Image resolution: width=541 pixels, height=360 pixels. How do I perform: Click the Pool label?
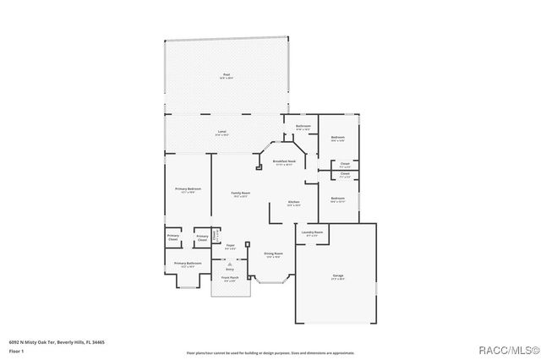coord(227,75)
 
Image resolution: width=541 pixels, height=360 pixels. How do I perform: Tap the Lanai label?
coord(221,133)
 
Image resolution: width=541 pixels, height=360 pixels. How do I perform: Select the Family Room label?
coord(241,194)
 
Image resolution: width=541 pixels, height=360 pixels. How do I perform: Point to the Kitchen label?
coord(294,203)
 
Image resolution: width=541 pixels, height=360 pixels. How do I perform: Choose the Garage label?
coord(337,275)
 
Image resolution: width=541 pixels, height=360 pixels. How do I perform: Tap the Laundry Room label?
coord(309,233)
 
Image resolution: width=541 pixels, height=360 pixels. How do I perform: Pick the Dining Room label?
coord(273,254)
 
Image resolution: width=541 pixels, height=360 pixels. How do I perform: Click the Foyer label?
coord(230,247)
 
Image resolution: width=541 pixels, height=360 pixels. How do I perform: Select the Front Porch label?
coord(230,278)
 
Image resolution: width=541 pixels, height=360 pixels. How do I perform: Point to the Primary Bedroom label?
coord(186,189)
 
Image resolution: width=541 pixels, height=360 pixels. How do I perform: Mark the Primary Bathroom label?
coord(188,265)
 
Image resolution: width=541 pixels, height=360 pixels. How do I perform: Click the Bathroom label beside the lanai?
coord(303,128)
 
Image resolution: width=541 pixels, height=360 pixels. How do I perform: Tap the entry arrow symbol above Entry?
coord(229,263)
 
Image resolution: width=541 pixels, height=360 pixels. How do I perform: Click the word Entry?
coord(229,269)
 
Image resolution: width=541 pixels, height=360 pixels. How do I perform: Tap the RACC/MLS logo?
coord(505,349)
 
